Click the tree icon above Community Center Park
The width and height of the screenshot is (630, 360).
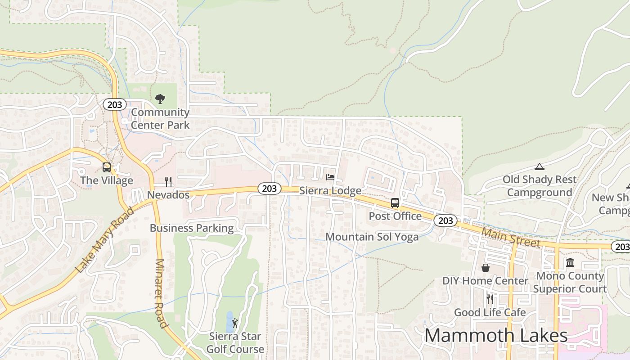(160, 99)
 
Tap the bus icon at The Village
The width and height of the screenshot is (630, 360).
(107, 167)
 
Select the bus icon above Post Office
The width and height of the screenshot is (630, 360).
(395, 203)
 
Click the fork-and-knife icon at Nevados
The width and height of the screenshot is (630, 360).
(168, 182)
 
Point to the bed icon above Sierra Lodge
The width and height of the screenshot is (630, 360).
(330, 177)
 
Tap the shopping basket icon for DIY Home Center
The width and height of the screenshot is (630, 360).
(486, 268)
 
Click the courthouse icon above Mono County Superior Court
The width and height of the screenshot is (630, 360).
(570, 263)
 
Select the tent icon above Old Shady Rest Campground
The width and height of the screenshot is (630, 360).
(540, 167)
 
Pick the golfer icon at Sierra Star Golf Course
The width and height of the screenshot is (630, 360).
(235, 323)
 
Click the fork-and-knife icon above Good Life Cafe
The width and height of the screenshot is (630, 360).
(490, 299)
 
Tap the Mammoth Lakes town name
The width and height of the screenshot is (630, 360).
(496, 336)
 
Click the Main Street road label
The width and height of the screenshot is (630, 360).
(510, 237)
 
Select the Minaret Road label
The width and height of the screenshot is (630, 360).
(161, 293)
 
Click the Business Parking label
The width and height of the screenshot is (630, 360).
(192, 228)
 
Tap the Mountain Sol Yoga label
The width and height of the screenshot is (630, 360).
(372, 237)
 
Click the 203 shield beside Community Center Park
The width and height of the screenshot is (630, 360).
(114, 105)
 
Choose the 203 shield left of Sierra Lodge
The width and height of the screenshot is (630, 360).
(269, 189)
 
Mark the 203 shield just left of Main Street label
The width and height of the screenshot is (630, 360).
(445, 220)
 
